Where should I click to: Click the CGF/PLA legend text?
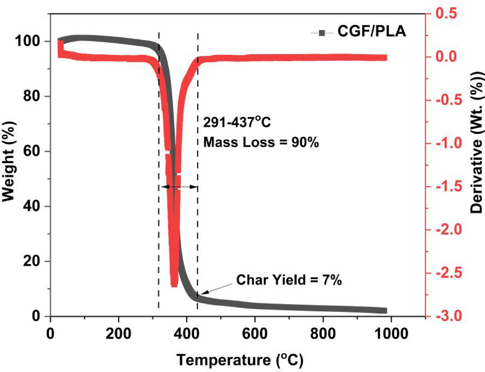click(x=372, y=31)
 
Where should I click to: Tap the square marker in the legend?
click(x=322, y=33)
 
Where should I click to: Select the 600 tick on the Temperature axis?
click(x=255, y=334)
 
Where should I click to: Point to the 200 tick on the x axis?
click(x=118, y=334)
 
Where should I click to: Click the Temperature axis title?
click(x=240, y=360)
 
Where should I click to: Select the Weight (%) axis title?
click(x=9, y=161)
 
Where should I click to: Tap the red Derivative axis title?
click(x=476, y=142)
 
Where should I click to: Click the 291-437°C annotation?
click(x=237, y=122)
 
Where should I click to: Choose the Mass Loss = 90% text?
click(x=261, y=142)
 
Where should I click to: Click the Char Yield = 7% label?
click(x=289, y=280)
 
